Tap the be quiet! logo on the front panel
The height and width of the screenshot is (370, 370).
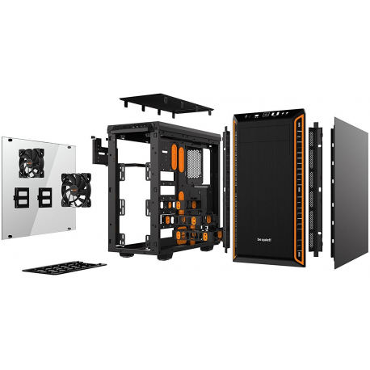(263, 238)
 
